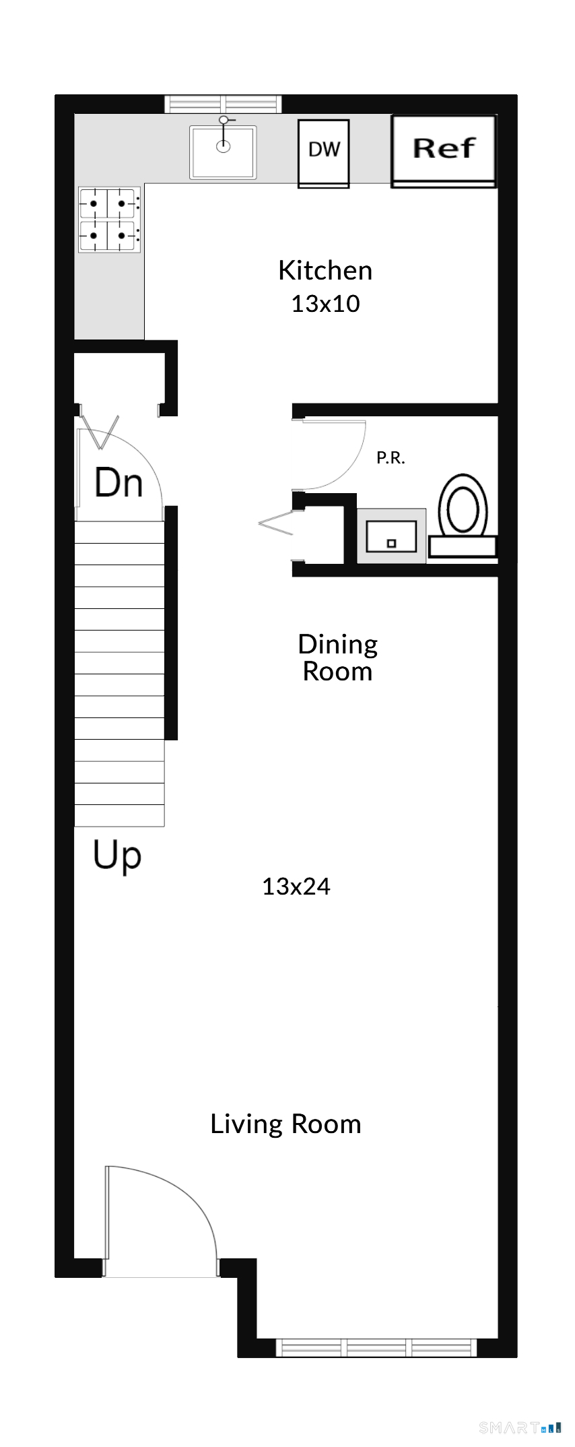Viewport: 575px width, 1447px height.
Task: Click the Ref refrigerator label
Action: [444, 148]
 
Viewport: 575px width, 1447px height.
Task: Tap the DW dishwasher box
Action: [324, 154]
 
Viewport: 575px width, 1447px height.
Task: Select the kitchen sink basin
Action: [223, 152]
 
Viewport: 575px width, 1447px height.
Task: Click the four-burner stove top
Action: [109, 220]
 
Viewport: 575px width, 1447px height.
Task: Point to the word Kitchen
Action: [325, 270]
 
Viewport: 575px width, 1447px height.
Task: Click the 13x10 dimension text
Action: [325, 304]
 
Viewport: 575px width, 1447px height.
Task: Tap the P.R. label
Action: [391, 458]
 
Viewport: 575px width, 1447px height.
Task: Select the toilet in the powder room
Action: [463, 515]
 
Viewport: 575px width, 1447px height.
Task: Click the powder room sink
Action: [391, 536]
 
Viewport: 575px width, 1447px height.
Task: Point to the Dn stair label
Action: [119, 483]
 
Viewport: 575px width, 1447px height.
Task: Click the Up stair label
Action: [117, 856]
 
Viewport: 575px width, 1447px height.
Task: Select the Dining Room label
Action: [337, 657]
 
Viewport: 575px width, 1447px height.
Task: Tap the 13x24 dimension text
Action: [296, 887]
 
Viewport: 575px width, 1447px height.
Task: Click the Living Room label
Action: [285, 1124]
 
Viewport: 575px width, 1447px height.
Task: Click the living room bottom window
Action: [376, 1347]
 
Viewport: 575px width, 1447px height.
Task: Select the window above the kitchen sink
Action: [224, 104]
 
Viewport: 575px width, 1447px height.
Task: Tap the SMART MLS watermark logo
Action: [520, 1427]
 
